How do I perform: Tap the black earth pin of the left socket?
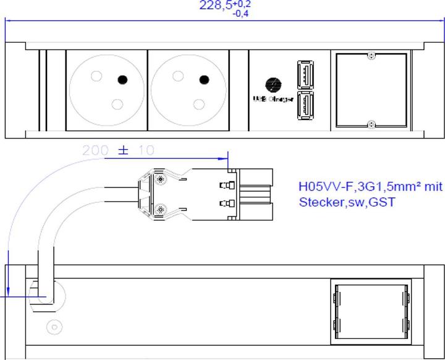(x=122, y=79)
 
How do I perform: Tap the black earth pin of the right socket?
(x=203, y=79)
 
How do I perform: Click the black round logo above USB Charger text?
(x=271, y=84)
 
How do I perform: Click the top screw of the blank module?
(x=370, y=57)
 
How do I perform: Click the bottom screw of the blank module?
(x=370, y=124)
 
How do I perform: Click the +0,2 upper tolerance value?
(x=242, y=3)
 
